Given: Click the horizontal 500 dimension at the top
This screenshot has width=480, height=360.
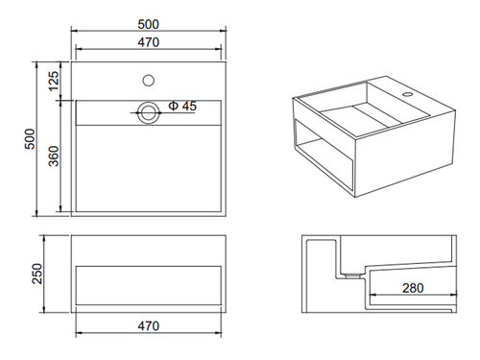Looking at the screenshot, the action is (148, 24).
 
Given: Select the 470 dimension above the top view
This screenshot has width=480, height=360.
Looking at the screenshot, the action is (149, 42).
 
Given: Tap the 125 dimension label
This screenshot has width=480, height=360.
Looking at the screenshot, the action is (54, 81).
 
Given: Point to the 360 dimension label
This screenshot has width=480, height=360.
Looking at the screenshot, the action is (54, 156).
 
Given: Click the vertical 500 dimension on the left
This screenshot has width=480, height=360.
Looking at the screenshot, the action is (30, 139).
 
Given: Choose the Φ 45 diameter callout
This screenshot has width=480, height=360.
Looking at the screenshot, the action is (182, 106).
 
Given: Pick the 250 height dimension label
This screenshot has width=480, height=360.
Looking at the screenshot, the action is (37, 274).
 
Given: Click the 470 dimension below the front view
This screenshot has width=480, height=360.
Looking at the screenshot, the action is (149, 326).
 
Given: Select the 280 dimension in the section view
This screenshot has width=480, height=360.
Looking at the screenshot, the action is (413, 288).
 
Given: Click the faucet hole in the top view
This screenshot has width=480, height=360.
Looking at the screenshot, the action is (149, 81).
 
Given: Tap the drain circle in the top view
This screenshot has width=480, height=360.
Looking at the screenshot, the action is (149, 112).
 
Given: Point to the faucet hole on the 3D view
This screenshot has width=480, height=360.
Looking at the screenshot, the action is (407, 94).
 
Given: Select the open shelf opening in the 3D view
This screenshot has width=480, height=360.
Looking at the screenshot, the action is (324, 156).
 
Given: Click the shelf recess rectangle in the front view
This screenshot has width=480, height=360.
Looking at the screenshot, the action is (149, 285).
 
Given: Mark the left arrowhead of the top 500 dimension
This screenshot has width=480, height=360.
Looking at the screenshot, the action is (75, 31).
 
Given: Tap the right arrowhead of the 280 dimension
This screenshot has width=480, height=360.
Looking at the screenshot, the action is (453, 295).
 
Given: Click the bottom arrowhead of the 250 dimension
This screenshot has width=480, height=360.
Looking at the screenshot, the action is (44, 309).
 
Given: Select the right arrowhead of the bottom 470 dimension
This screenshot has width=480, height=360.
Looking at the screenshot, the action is (218, 333).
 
